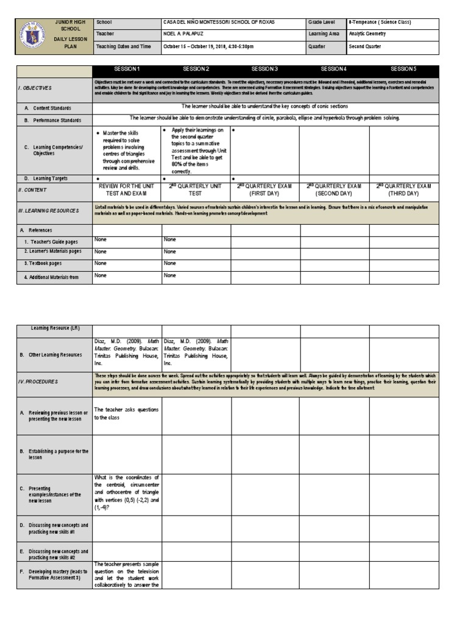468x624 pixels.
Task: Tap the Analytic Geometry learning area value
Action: pos(367,34)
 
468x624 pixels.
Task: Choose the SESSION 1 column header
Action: pos(127,69)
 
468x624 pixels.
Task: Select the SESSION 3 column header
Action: pos(265,69)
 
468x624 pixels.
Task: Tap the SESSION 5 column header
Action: pos(403,69)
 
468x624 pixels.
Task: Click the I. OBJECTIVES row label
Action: pos(35,88)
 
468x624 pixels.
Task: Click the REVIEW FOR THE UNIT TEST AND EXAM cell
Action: pos(127,190)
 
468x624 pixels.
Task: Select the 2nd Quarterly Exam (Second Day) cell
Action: pos(334,190)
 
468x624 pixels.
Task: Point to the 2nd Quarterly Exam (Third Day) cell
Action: pos(403,190)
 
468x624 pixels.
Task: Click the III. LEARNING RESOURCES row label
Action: pos(48,211)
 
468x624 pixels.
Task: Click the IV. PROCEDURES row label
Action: pos(38,381)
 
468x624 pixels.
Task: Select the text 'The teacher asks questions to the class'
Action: pos(126,414)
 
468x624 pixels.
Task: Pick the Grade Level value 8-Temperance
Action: pos(379,22)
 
